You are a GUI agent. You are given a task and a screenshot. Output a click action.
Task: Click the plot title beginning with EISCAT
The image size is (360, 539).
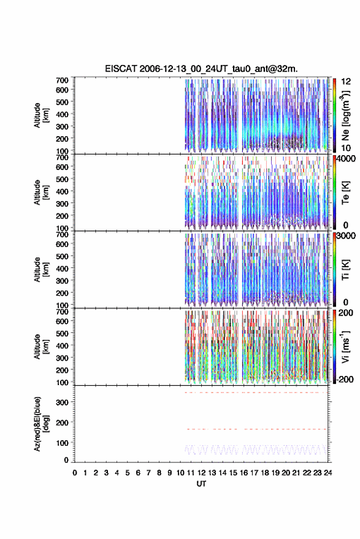click(x=201, y=69)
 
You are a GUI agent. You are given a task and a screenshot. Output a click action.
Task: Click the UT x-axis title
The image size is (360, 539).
click(x=202, y=484)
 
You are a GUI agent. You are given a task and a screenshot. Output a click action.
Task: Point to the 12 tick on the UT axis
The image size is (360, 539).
click(x=202, y=473)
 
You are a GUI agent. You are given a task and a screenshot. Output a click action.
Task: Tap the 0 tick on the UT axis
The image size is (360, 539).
click(x=75, y=473)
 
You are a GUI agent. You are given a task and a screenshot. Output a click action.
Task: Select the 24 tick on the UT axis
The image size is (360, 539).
click(x=328, y=473)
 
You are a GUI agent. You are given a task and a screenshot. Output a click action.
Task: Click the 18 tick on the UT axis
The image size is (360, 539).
click(x=265, y=473)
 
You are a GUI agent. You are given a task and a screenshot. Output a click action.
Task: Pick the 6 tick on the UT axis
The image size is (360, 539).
click(x=138, y=473)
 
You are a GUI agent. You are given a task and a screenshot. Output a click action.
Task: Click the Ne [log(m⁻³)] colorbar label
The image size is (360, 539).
click(x=345, y=115)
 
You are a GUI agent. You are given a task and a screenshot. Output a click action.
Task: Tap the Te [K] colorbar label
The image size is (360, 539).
click(x=345, y=193)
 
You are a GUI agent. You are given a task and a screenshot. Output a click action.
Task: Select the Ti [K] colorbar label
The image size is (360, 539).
click(x=345, y=270)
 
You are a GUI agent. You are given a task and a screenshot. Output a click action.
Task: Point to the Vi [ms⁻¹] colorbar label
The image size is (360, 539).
click(x=345, y=346)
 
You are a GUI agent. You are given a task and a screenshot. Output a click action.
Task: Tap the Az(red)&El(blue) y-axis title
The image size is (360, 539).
click(x=41, y=424)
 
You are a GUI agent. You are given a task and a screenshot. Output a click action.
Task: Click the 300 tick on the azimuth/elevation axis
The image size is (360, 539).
click(x=62, y=402)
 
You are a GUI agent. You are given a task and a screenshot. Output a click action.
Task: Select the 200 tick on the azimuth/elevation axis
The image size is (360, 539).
click(x=62, y=422)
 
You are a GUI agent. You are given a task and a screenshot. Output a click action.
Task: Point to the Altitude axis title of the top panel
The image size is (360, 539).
click(x=41, y=115)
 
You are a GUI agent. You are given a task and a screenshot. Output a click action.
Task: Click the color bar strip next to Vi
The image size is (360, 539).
click(x=335, y=346)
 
